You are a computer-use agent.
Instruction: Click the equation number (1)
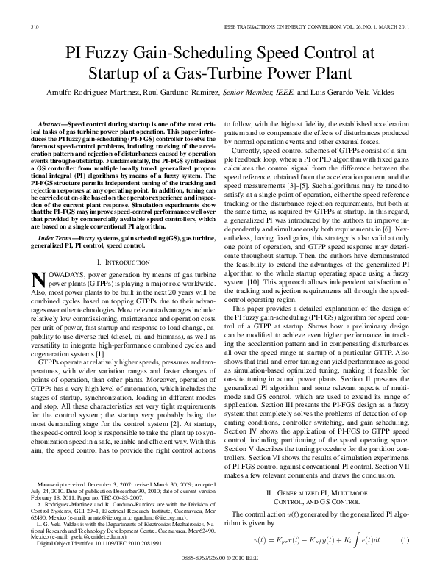(x=404, y=561)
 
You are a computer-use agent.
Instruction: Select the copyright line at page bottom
(x=218, y=577)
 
